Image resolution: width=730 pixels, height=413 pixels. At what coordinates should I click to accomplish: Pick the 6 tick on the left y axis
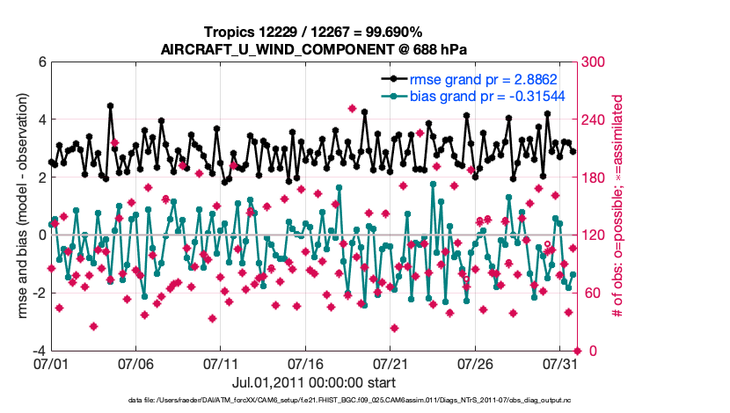pos(41,62)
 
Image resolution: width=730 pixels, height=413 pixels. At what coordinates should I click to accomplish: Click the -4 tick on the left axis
pos(39,351)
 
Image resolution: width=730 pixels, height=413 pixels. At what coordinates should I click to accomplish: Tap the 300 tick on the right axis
pos(594,62)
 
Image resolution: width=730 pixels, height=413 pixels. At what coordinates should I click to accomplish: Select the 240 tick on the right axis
pos(594,120)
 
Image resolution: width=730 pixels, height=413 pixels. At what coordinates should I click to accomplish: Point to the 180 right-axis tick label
pos(594,178)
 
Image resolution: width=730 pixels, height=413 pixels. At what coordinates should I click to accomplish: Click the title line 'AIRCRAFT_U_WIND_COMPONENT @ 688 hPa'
pos(312,49)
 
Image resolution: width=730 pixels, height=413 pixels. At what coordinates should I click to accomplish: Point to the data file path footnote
pos(312,401)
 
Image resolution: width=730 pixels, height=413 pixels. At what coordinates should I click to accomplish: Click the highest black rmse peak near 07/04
pos(111,105)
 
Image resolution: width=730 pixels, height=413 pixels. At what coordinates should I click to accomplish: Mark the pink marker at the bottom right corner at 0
pos(578,351)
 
